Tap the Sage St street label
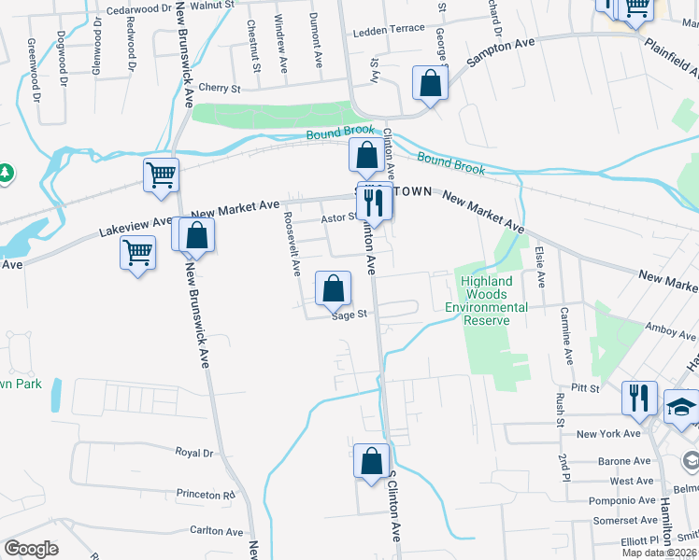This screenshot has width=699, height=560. point(347,315)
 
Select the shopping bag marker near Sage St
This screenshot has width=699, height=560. point(334,289)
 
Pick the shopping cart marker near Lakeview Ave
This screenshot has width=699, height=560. point(138,252)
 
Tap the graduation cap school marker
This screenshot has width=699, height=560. point(681,407)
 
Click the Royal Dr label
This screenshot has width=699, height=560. point(194,452)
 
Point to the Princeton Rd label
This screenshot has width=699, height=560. point(203,494)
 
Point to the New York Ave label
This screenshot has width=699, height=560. point(608,434)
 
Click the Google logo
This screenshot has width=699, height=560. point(31,549)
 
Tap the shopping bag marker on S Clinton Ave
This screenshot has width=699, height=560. point(371,461)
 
